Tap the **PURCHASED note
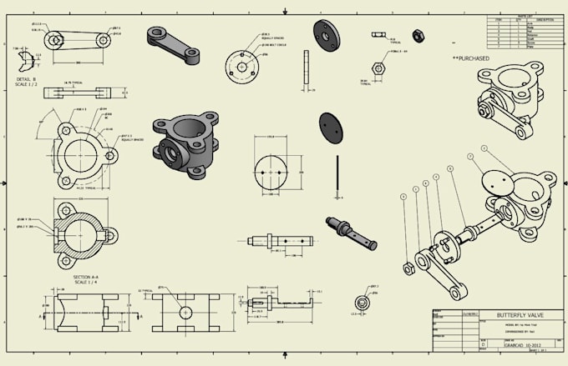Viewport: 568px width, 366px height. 471,58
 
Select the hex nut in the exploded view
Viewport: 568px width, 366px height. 406,268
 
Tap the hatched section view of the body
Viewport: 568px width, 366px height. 80,227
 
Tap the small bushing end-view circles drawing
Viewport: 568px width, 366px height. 363,302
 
